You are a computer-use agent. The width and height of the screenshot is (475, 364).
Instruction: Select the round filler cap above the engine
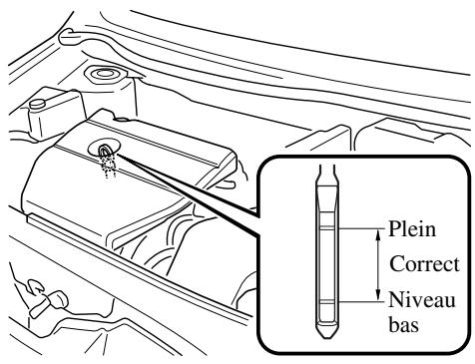[x=104, y=76]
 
